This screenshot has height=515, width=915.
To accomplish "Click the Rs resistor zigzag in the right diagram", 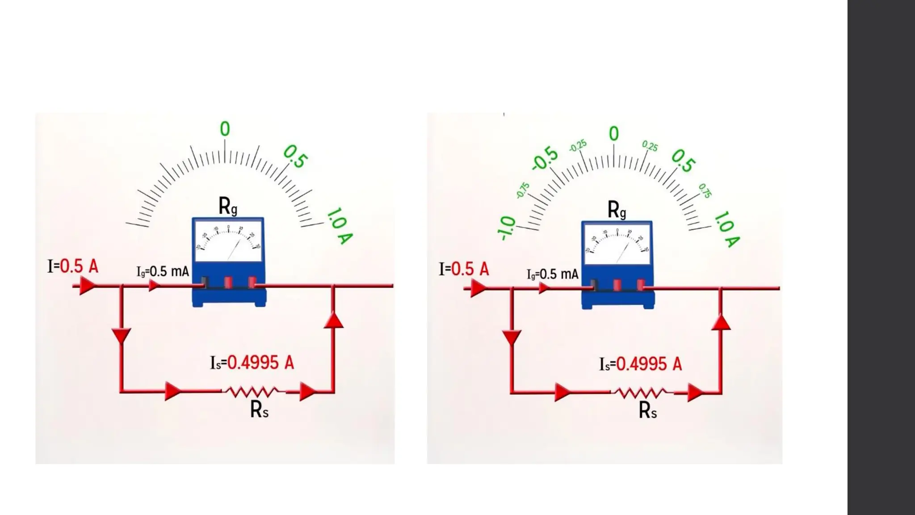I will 641,393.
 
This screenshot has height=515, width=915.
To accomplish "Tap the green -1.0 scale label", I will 506,228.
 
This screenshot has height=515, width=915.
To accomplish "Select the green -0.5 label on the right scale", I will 545,158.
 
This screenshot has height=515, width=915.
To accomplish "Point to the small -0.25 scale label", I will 578,146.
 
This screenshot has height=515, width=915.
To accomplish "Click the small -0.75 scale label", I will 522,190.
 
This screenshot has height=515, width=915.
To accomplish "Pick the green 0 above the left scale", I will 225,129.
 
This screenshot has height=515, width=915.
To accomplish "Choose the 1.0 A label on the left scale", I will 340,226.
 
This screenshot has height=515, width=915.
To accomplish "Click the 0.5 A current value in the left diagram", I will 79,266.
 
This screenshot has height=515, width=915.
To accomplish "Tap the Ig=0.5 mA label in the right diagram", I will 553,274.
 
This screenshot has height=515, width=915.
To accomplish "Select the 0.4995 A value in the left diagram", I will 260,363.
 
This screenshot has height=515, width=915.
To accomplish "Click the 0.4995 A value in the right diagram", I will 649,364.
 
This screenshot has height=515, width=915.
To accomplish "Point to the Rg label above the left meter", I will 227,206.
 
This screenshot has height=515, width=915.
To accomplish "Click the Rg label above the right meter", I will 617,209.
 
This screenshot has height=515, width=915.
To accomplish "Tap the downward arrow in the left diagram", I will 121,335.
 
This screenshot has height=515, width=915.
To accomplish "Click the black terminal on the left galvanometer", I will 205,282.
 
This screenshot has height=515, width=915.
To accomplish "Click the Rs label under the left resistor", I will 259,409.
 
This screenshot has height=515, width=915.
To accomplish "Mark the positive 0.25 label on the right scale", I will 650,146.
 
